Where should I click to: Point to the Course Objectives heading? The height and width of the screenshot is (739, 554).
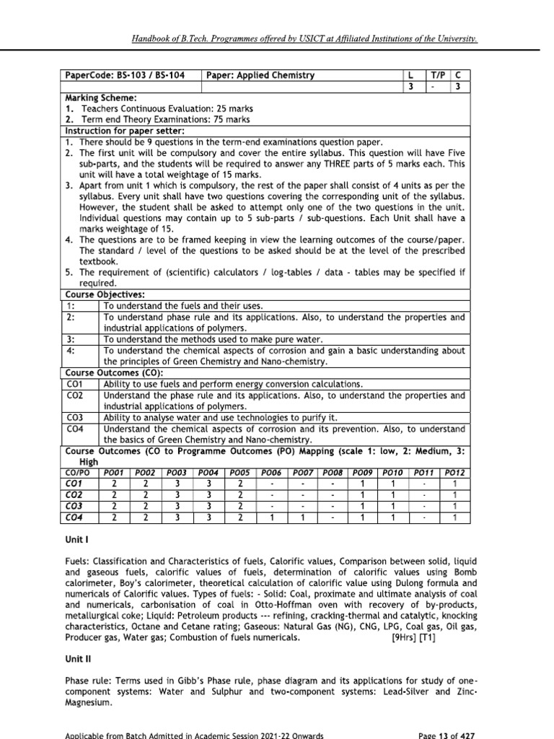[105, 294]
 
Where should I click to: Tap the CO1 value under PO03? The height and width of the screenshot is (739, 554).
[177, 482]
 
